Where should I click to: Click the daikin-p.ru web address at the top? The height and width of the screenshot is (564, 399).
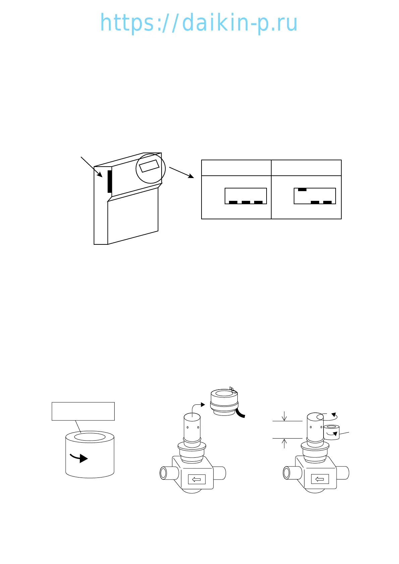pyautogui.click(x=199, y=23)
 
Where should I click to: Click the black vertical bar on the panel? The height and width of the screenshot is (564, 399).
pyautogui.click(x=110, y=181)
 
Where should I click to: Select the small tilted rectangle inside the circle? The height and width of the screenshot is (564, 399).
pyautogui.click(x=149, y=166)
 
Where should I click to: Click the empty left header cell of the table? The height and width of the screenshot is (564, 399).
pyautogui.click(x=236, y=168)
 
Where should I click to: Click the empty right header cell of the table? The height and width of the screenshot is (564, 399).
pyautogui.click(x=306, y=168)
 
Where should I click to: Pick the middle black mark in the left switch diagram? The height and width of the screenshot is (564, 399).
pyautogui.click(x=246, y=202)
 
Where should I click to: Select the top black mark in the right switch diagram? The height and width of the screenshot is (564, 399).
pyautogui.click(x=302, y=190)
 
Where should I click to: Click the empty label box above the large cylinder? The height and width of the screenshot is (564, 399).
pyautogui.click(x=83, y=411)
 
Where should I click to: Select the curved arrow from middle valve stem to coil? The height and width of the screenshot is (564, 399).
pyautogui.click(x=196, y=406)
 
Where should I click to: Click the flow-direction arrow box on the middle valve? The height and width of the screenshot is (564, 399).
pyautogui.click(x=196, y=480)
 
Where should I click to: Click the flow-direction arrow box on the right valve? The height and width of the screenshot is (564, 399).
pyautogui.click(x=320, y=480)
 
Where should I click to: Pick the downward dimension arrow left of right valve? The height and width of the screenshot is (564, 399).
pyautogui.click(x=284, y=416)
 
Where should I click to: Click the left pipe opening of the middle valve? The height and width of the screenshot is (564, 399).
pyautogui.click(x=163, y=473)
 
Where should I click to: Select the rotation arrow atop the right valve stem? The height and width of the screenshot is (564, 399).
pyautogui.click(x=330, y=416)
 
